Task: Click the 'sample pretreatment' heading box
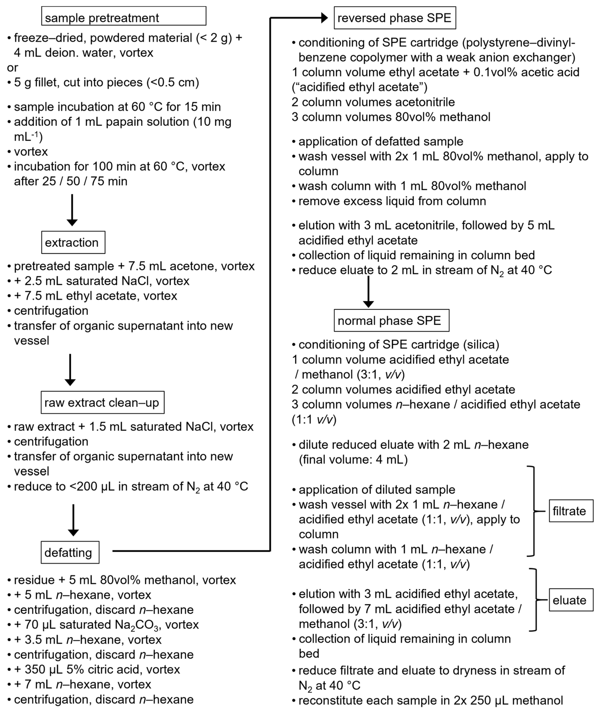(x=124, y=16)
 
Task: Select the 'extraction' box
(x=73, y=242)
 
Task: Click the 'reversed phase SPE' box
(x=395, y=18)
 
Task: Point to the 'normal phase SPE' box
(x=391, y=320)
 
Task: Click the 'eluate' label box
(x=571, y=600)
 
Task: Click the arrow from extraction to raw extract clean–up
(x=70, y=369)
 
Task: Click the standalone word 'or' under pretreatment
(x=12, y=68)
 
